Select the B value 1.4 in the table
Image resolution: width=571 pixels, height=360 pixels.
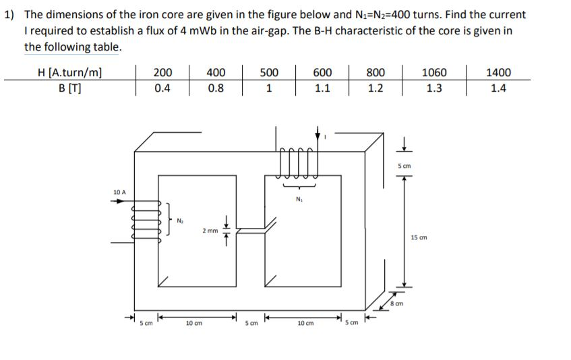pos(499,88)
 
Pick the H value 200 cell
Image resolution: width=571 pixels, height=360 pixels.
pos(162,72)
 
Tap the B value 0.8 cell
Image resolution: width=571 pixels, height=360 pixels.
pos(216,88)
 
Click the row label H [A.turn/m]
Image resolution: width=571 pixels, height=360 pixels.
pos(71,72)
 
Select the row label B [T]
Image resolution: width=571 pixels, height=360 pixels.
pos(71,88)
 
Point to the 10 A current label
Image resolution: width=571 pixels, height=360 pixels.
pos(119,193)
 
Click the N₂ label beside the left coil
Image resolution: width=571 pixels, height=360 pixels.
pos(180,220)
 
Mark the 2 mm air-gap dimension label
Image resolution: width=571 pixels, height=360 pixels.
pos(208,231)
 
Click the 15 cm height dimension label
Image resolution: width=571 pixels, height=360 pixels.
pos(419,237)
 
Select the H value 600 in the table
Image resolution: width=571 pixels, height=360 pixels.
pos(322,72)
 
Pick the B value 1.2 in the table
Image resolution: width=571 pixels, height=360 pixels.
pos(375,88)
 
